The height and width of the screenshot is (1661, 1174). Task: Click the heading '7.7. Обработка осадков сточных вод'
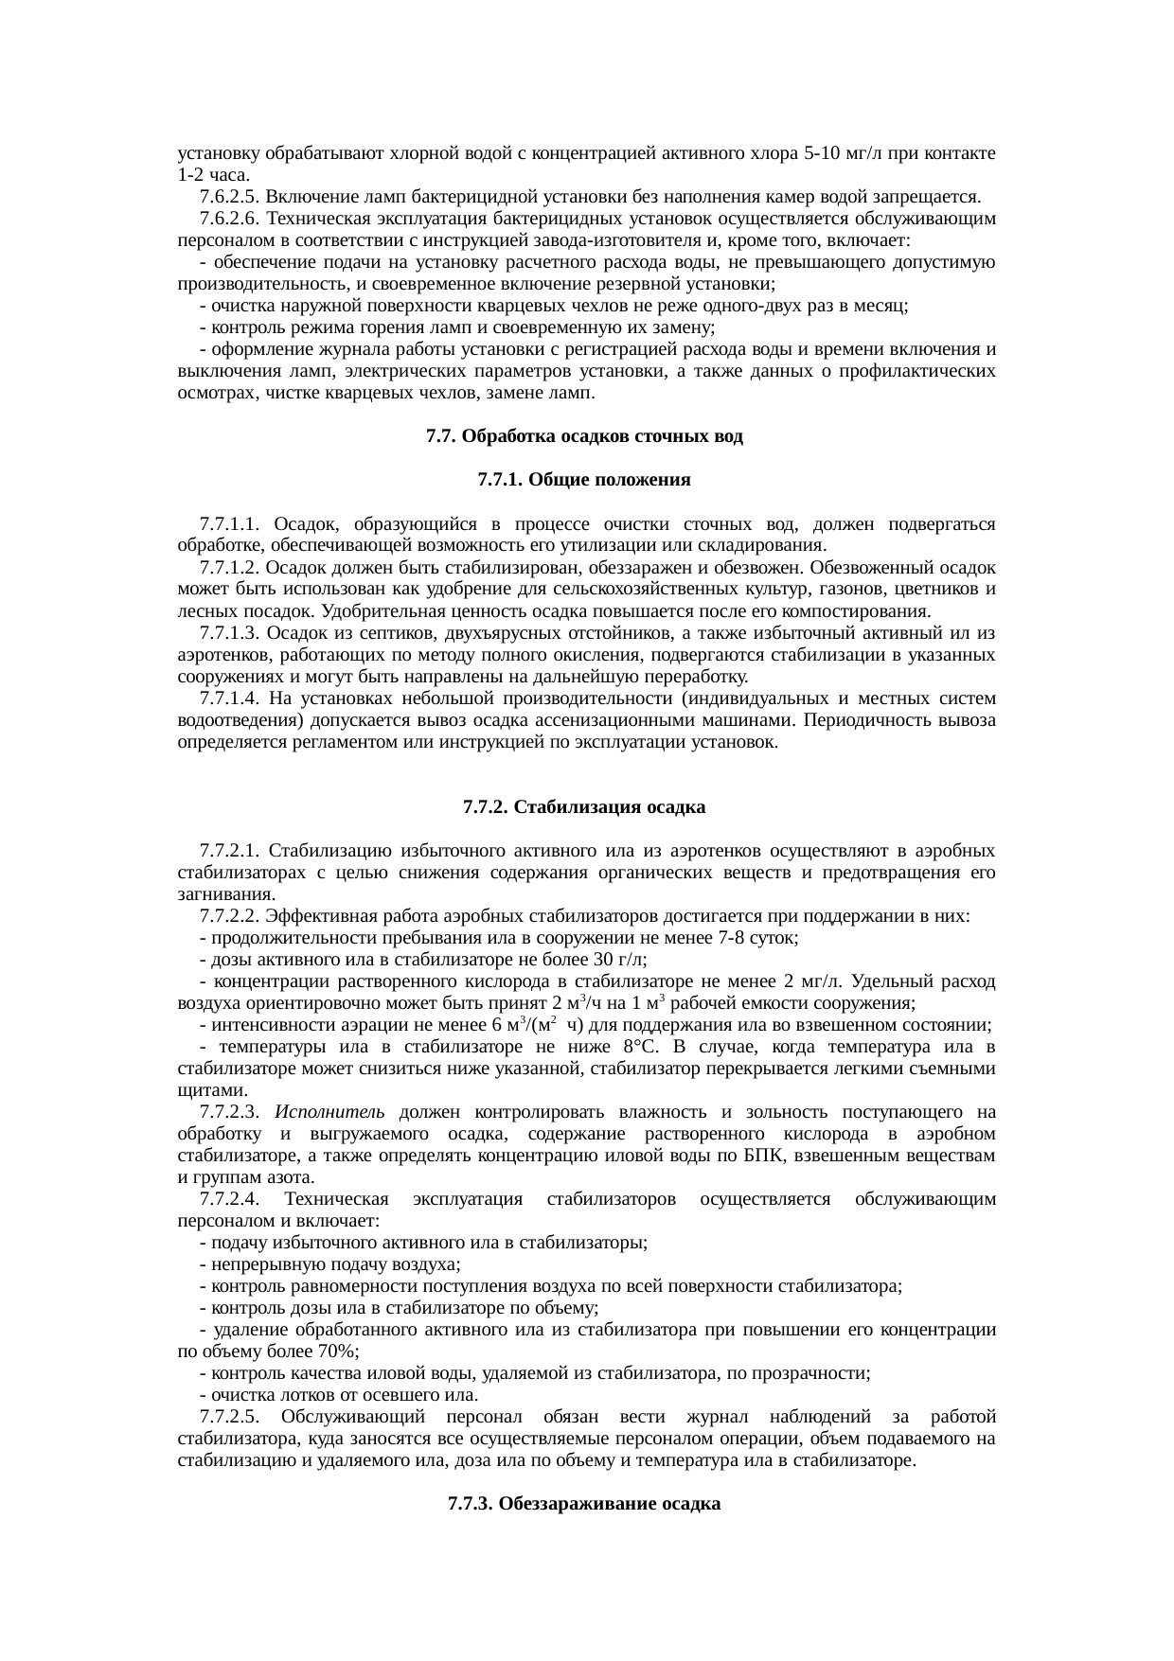point(584,437)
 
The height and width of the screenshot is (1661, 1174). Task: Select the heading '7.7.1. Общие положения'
point(584,481)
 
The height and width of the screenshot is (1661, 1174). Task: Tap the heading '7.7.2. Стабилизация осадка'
point(584,807)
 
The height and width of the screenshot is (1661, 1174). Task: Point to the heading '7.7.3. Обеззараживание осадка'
point(584,1504)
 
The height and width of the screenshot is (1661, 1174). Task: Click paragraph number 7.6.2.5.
point(230,197)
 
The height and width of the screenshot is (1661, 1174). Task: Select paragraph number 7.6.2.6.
point(230,219)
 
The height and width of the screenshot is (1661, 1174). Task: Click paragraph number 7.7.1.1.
point(230,524)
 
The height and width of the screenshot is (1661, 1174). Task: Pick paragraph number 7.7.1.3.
point(230,633)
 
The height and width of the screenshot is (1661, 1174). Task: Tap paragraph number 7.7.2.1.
point(230,851)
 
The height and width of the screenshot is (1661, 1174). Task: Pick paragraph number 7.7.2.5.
point(230,1417)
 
